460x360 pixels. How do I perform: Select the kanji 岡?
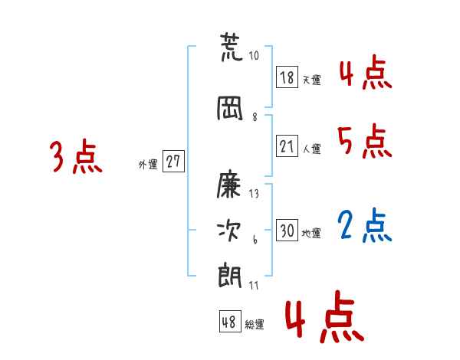230,109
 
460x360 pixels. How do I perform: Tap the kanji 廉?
230,184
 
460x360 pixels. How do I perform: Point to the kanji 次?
230,230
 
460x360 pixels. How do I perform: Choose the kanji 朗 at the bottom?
230,277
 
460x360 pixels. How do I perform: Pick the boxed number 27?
173,162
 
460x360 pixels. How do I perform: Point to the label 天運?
311,79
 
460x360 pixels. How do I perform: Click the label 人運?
311,148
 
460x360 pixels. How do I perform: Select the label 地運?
311,232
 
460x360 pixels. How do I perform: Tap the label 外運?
147,164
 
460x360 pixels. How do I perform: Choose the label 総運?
255,324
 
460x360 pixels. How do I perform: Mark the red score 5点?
365,142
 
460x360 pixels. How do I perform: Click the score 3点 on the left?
76,158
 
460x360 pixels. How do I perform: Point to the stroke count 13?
255,194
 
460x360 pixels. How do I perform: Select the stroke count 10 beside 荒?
255,56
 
